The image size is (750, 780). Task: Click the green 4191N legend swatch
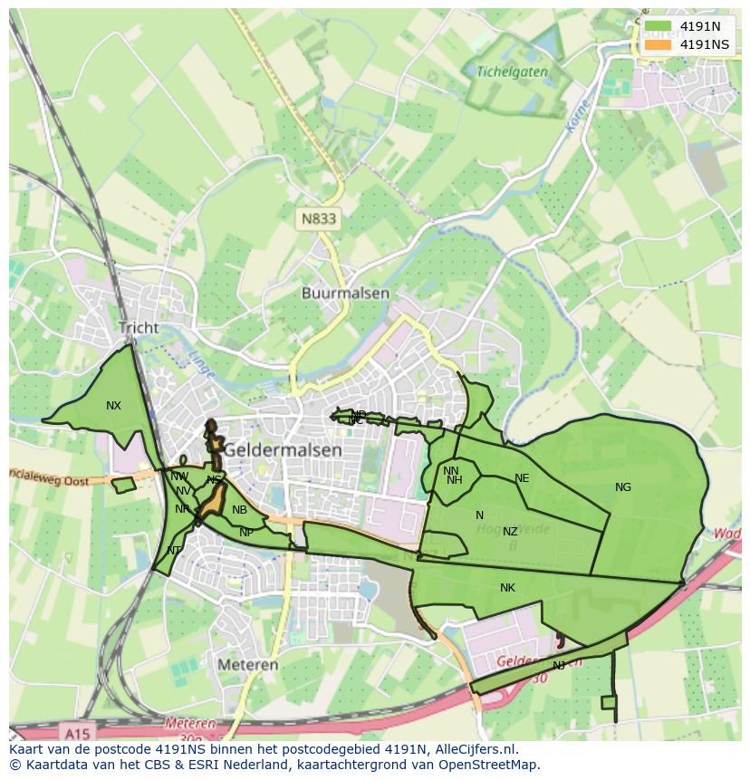[659, 26]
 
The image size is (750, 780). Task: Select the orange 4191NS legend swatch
[659, 44]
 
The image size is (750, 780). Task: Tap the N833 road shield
[319, 218]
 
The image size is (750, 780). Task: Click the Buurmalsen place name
[345, 294]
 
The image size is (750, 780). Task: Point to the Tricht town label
[138, 328]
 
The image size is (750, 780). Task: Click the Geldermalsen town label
[283, 449]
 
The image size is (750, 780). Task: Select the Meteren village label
[247, 664]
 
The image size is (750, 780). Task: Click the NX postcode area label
[113, 406]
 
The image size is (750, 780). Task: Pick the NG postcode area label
[623, 487]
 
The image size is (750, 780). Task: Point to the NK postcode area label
[507, 588]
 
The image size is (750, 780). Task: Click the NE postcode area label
[522, 478]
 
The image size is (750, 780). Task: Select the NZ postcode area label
[510, 532]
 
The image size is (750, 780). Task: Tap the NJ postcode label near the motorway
[559, 665]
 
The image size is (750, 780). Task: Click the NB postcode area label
[239, 510]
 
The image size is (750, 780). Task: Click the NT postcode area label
[174, 550]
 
